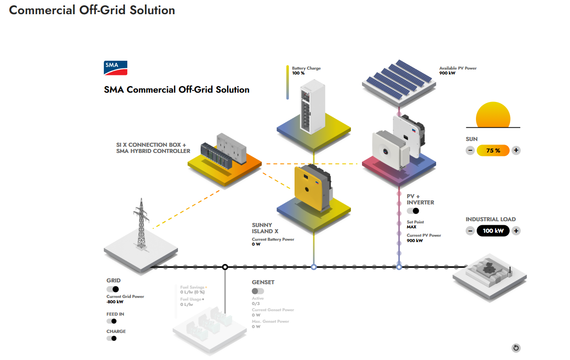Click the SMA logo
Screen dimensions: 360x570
click(x=116, y=68)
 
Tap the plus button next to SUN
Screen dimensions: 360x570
click(x=516, y=150)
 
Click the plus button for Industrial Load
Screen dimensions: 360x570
click(x=516, y=231)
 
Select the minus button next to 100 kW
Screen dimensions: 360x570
click(x=470, y=231)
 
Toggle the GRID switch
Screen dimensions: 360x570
click(x=113, y=289)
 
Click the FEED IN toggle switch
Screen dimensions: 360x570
click(x=111, y=321)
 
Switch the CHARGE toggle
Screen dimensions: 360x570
click(x=111, y=338)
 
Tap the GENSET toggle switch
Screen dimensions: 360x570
click(x=258, y=291)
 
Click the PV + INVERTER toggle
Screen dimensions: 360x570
click(x=413, y=211)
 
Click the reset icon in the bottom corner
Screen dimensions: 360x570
click(x=516, y=348)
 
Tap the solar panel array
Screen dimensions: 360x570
click(x=397, y=78)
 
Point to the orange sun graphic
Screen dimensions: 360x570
click(x=493, y=115)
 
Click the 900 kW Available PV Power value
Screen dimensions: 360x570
click(x=448, y=73)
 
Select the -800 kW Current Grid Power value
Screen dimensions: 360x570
click(x=115, y=302)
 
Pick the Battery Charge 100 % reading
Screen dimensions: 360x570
click(x=299, y=73)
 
